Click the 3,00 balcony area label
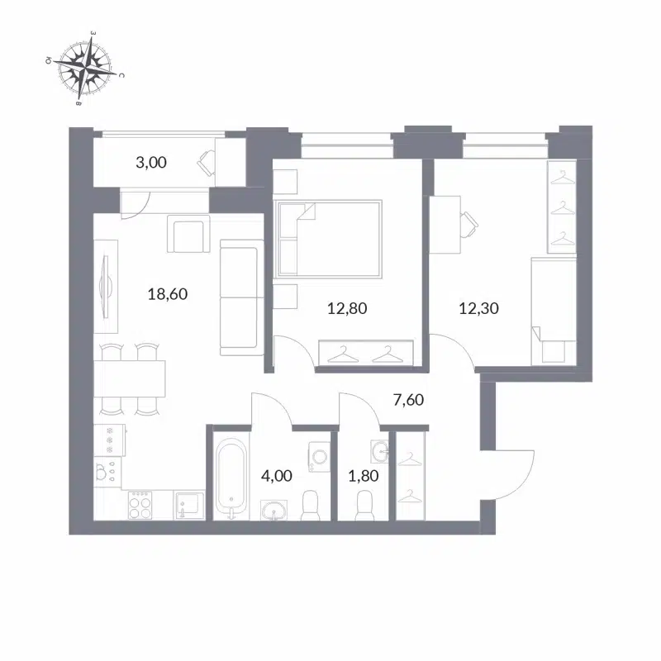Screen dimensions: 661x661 (x=151, y=163)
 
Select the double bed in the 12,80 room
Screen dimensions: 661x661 (x=329, y=239)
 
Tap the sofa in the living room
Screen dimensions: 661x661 (x=241, y=297)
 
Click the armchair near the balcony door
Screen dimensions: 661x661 (x=189, y=235)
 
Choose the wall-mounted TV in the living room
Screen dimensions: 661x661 (x=104, y=284)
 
